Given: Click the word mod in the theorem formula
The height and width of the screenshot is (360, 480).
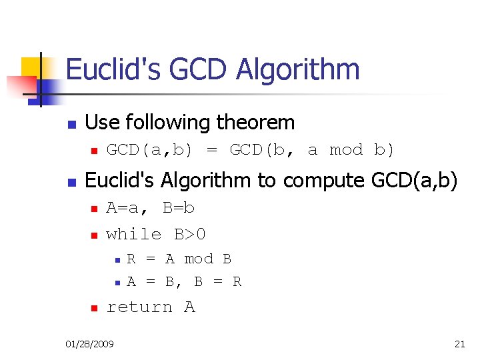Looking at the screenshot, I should click(x=346, y=150).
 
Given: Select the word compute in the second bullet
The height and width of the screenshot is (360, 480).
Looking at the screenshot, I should click(x=312, y=181).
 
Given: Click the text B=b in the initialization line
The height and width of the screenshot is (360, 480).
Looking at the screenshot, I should click(x=179, y=208).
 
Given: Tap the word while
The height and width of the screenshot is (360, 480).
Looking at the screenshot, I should click(x=134, y=235).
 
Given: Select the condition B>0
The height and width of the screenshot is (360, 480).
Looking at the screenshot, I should click(x=190, y=235).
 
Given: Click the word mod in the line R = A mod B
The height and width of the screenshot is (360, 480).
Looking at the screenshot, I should click(x=199, y=259).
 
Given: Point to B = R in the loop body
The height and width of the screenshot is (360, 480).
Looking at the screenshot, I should click(x=217, y=282).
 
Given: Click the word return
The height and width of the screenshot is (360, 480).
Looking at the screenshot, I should click(x=139, y=307).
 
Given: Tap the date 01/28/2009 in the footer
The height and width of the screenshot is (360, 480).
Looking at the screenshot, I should click(x=89, y=344).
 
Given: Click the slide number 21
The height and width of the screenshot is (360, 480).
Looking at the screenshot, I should click(x=459, y=344).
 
